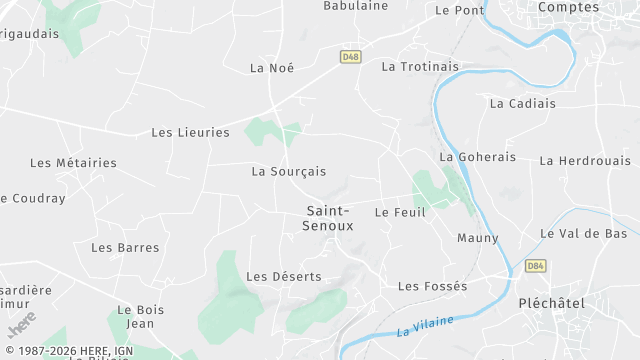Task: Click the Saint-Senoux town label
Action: (328, 218)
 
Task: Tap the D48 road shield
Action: (350, 57)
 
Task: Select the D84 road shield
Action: (535, 265)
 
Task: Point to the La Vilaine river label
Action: (424, 325)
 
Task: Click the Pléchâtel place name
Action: (551, 302)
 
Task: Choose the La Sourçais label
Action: (288, 171)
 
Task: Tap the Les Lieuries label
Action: (190, 132)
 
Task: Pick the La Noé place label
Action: (272, 67)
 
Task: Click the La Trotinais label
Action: (420, 66)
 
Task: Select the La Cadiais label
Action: (521, 103)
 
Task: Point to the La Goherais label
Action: (478, 157)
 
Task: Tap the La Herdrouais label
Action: (585, 160)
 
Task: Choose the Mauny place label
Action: (477, 238)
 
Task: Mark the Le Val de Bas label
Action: (583, 233)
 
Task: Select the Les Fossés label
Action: (432, 286)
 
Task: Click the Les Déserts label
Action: (284, 276)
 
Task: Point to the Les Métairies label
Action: (73, 162)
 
